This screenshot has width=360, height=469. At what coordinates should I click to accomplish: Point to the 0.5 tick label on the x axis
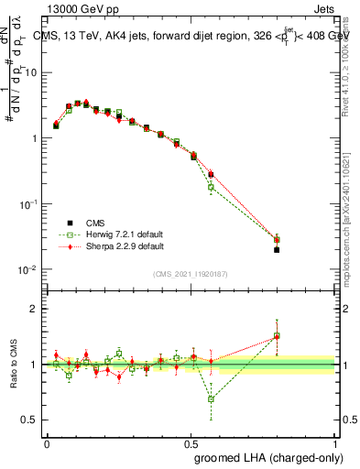point(191,442)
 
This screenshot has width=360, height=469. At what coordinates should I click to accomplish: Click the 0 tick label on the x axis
point(47,442)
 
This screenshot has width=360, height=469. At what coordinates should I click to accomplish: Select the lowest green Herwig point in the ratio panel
point(211,399)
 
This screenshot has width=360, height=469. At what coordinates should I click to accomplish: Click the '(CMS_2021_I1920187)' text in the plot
point(191,275)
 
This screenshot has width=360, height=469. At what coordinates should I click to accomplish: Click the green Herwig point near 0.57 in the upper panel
point(211,187)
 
